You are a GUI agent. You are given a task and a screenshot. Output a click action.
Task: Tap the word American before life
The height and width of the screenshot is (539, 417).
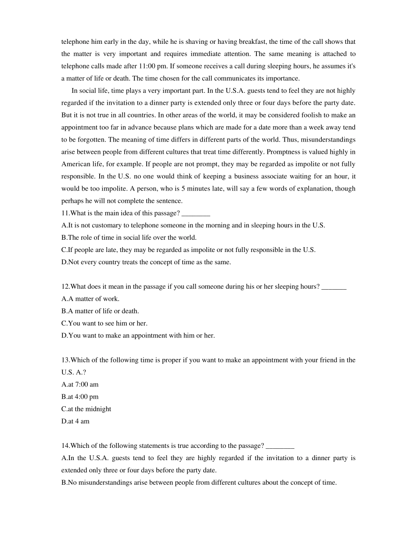75,164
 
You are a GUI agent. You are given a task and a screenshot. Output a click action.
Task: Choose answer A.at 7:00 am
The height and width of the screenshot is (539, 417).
80,384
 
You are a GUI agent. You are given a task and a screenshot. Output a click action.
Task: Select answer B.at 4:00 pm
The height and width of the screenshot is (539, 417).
80,397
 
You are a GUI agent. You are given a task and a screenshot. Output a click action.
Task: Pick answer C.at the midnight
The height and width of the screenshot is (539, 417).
86,409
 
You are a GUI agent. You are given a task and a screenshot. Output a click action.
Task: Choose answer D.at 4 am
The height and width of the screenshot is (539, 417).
75,421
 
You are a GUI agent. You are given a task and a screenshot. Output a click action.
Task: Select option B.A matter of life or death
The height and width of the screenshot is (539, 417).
100,311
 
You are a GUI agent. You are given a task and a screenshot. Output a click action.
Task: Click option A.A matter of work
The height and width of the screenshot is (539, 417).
90,299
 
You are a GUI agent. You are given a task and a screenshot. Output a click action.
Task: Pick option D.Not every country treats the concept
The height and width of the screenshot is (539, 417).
146,262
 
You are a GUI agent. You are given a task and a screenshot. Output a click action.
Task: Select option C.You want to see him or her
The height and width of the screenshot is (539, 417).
104,323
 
